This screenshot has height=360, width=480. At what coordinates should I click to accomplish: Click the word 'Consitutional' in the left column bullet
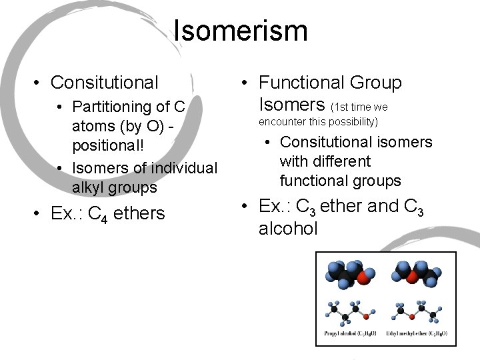coord(105,82)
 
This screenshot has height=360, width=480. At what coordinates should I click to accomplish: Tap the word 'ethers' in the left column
coord(139,214)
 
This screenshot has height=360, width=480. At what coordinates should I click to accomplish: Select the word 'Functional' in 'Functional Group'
coord(299,83)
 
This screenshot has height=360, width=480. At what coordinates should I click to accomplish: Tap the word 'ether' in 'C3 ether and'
coord(342,207)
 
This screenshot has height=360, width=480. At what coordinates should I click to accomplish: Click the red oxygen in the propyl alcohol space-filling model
coord(363,275)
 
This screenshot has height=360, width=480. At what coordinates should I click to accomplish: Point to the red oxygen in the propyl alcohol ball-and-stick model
coord(372,311)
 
